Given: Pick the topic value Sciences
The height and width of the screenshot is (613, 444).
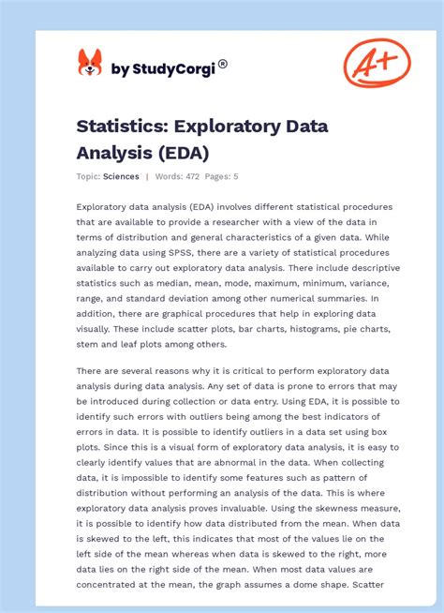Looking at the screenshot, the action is [x=122, y=176].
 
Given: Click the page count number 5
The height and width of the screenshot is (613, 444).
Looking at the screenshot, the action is [x=236, y=176].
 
